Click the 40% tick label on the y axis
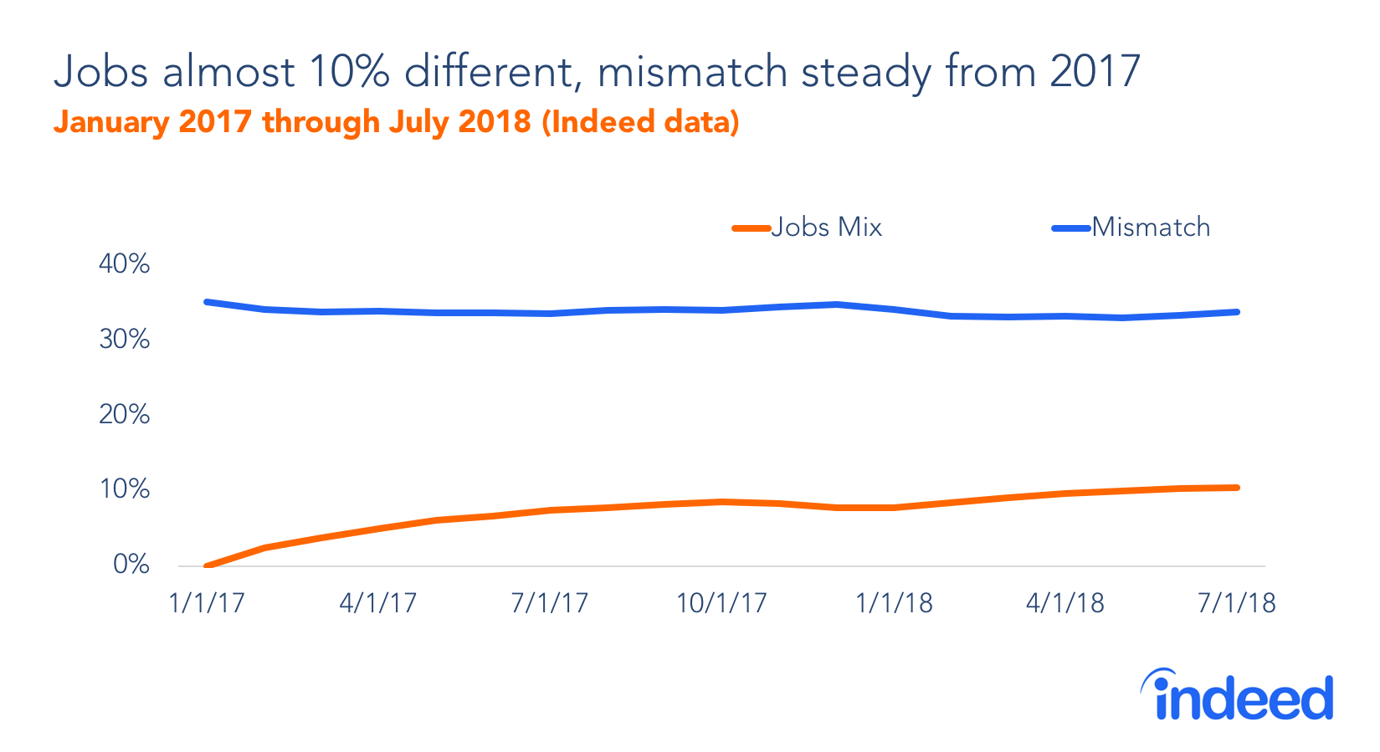point(124,264)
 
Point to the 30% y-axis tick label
point(124,340)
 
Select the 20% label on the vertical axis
point(124,415)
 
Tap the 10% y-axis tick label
point(124,489)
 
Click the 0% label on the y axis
point(131,565)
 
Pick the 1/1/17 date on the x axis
point(206,603)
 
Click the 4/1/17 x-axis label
point(377,603)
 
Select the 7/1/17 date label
point(549,603)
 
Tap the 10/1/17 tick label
point(721,603)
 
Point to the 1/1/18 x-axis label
point(893,603)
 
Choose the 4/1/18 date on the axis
point(1064,603)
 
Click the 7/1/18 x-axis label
point(1236,603)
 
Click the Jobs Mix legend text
point(826,228)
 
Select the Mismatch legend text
point(1151,228)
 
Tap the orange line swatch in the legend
point(751,228)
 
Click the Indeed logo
point(1236,696)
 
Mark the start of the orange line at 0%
point(208,566)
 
